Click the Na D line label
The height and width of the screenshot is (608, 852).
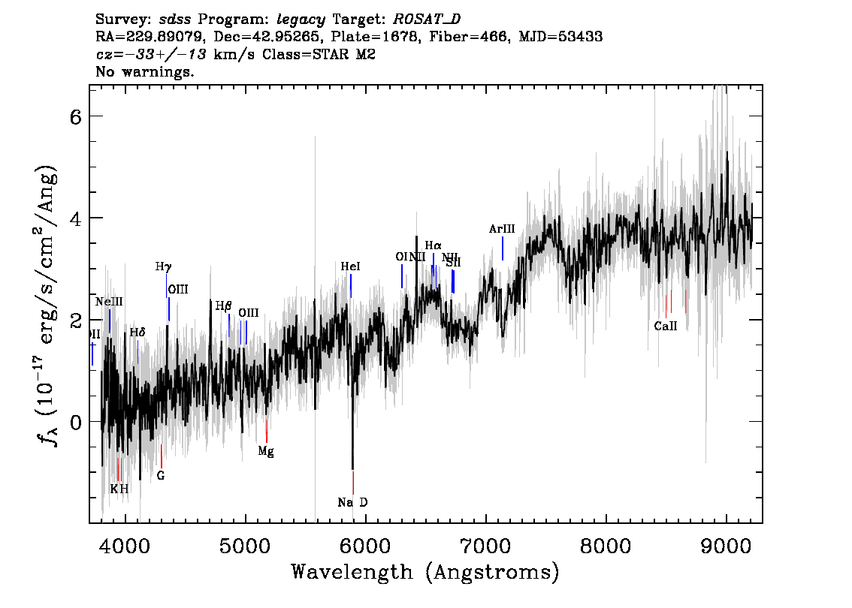pyautogui.click(x=352, y=502)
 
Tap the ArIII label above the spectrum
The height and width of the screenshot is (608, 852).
pyautogui.click(x=501, y=229)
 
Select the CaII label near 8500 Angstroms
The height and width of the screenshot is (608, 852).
pyautogui.click(x=665, y=326)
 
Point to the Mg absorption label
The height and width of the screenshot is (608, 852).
pyautogui.click(x=265, y=451)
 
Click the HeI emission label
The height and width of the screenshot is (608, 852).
pyautogui.click(x=350, y=266)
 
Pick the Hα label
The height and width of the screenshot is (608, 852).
pyautogui.click(x=433, y=245)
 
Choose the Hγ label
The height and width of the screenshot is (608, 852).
pyautogui.click(x=163, y=266)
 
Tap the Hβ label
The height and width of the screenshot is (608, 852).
pyautogui.click(x=223, y=306)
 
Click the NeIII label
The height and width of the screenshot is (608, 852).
pyautogui.click(x=109, y=302)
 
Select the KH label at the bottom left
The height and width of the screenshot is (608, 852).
pyautogui.click(x=119, y=489)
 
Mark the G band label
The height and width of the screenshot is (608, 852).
pyautogui.click(x=160, y=475)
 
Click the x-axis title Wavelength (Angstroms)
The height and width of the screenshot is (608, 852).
pyautogui.click(x=425, y=572)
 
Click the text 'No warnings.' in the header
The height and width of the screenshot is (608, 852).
pyautogui.click(x=145, y=72)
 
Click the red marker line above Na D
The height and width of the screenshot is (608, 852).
pyautogui.click(x=352, y=482)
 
